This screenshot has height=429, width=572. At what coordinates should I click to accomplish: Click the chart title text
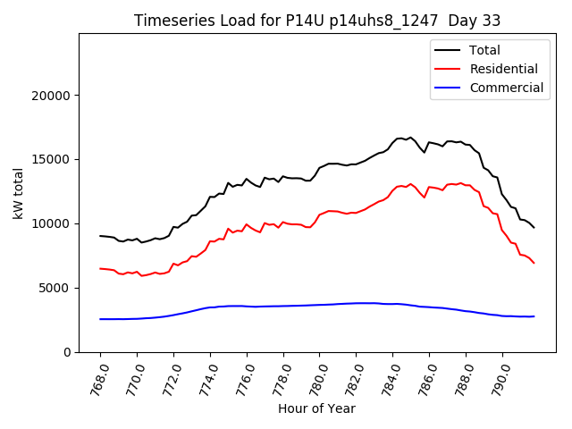[317, 21]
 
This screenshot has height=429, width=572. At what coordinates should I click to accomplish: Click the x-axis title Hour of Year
[317, 408]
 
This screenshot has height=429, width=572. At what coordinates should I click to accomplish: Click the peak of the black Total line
[410, 138]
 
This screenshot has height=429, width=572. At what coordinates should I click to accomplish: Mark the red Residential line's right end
[534, 263]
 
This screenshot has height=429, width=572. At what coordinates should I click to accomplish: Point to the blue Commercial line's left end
[100, 319]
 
